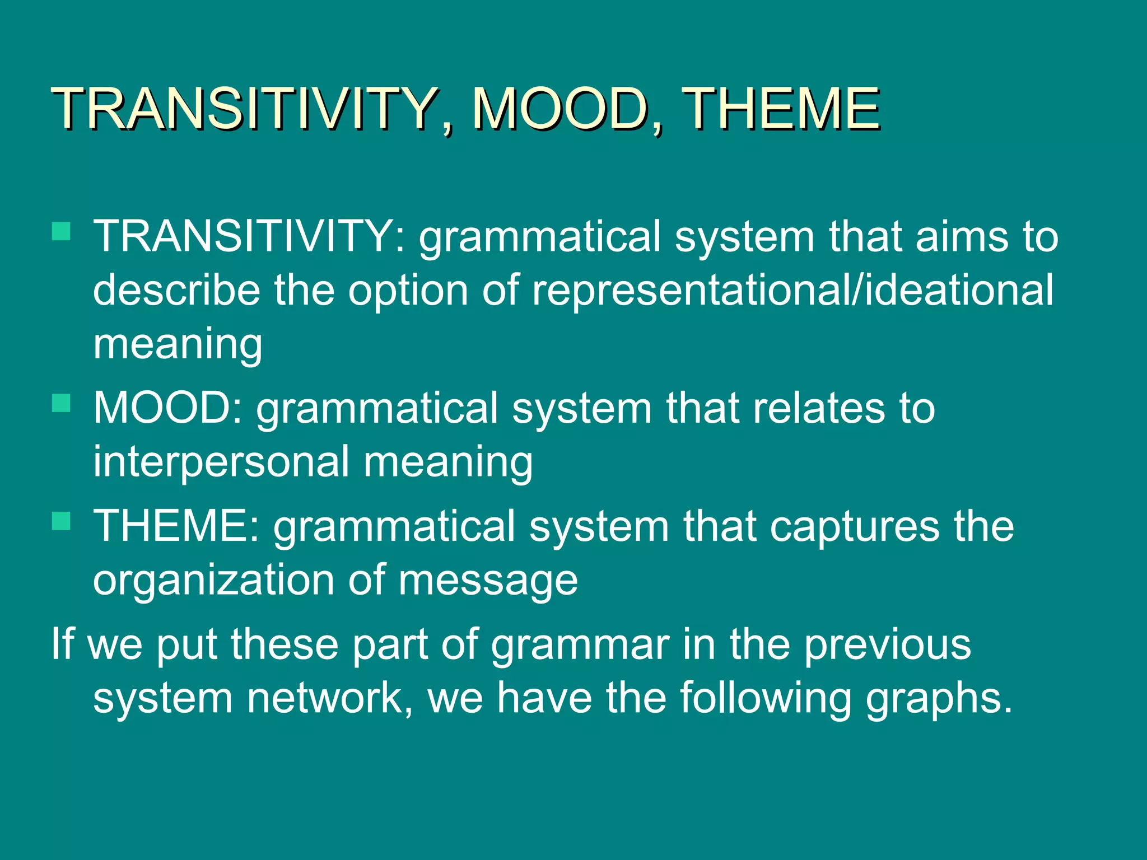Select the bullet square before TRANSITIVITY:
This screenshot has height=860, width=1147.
click(x=61, y=231)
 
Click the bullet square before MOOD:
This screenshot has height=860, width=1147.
click(x=61, y=403)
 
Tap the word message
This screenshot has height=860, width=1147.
click(x=488, y=581)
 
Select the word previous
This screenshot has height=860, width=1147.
click(x=887, y=645)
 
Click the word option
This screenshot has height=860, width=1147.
click(x=408, y=291)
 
